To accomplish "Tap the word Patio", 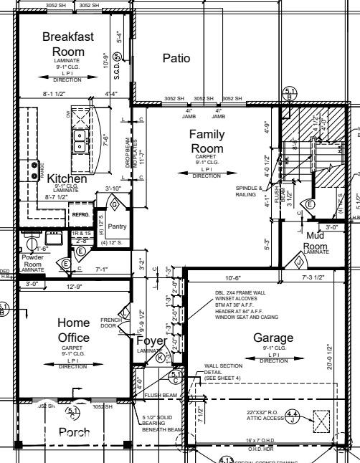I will click(x=176, y=58).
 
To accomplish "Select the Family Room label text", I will click(x=207, y=141).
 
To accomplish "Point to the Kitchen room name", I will click(x=67, y=178).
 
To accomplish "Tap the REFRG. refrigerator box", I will click(x=80, y=214).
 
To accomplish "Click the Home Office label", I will click(x=74, y=330).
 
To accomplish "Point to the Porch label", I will click(x=74, y=432).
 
